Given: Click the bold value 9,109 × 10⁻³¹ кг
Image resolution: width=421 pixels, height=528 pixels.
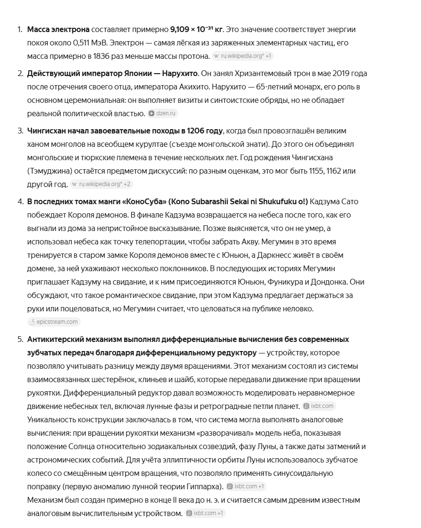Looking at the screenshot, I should (196, 30).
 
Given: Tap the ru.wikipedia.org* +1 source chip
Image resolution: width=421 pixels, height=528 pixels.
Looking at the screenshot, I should (243, 56).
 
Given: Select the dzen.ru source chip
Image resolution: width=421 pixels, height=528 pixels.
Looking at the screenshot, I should (163, 114).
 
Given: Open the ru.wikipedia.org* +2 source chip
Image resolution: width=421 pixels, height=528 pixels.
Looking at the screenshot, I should (101, 185).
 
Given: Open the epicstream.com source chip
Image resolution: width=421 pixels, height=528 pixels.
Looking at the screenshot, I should (54, 322).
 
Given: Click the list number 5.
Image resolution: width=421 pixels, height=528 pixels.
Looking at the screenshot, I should (20, 340).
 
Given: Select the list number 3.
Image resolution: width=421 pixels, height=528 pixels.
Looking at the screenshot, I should (20, 131).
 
